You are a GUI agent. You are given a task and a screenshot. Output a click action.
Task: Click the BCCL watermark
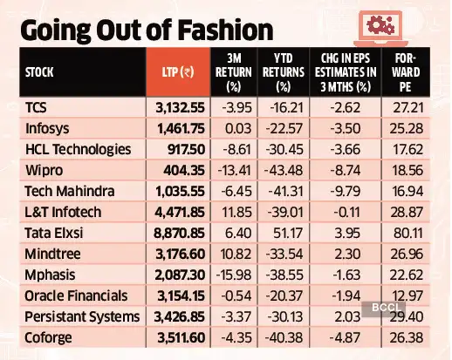[x=378, y=309]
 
